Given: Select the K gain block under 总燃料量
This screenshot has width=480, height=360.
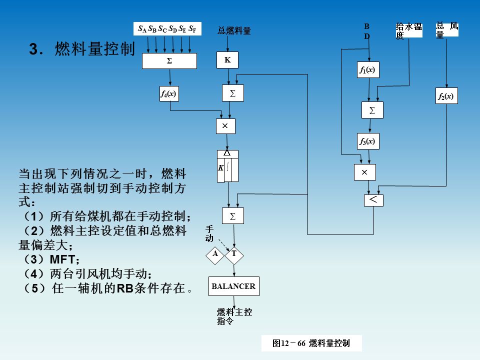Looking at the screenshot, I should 227,60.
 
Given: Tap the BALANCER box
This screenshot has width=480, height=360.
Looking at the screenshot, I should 233,286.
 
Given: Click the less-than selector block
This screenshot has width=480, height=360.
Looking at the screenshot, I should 373,200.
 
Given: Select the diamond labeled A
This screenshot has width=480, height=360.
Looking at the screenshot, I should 215,254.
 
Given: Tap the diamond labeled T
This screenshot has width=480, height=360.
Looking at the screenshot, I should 234,254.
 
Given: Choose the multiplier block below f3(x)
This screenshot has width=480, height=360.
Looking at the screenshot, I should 364,172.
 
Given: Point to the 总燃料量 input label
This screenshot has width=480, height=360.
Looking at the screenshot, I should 234,31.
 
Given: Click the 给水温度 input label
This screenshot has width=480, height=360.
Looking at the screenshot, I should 408,30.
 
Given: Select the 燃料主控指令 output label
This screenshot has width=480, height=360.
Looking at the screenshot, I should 234,316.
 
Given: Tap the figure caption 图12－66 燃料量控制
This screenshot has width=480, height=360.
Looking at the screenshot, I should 311,343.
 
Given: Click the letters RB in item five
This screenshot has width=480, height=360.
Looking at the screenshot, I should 123,288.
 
